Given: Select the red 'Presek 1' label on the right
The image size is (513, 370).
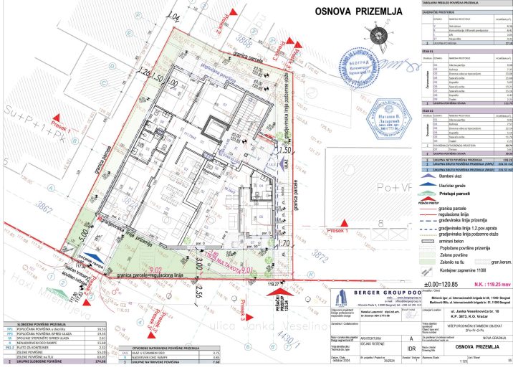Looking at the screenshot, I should (337, 232).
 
